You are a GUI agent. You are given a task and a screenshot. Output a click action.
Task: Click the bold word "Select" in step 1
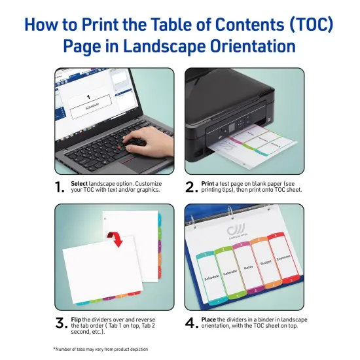tap(79, 184)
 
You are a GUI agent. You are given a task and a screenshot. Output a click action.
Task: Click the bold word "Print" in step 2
tap(207, 184)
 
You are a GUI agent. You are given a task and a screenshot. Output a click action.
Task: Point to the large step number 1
tap(60, 188)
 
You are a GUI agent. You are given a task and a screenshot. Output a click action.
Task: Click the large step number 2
tap(191, 188)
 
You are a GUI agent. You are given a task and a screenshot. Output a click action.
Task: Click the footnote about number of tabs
tap(101, 349)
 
